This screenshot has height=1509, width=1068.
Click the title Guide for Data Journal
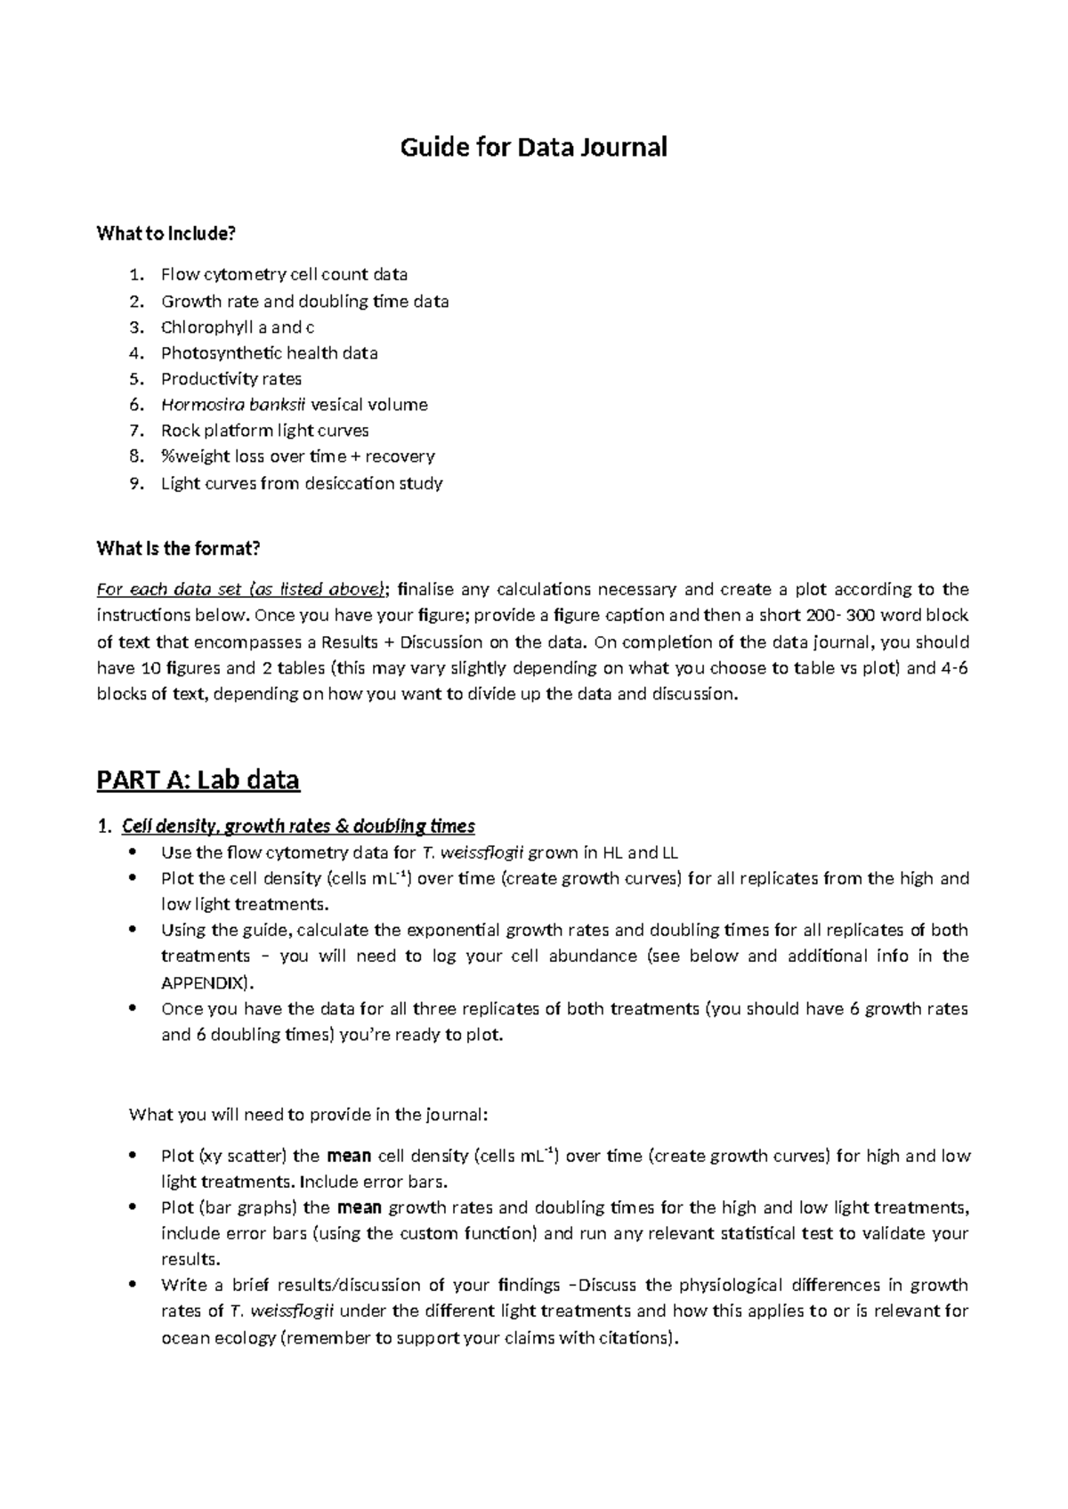point(533,147)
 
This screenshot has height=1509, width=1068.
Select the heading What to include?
point(166,234)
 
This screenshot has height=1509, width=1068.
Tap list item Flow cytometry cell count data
point(284,275)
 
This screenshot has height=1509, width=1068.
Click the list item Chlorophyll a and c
point(237,327)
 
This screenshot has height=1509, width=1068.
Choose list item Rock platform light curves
point(264,431)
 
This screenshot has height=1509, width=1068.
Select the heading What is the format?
point(178,548)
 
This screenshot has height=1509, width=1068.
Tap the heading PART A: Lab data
point(198,780)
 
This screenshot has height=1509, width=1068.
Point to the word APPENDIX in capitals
point(206,983)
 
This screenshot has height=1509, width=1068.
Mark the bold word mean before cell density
point(349,1157)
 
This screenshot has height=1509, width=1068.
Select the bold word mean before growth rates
point(360,1208)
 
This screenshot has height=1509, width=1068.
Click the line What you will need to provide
point(309,1115)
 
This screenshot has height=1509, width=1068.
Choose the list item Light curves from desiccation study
point(301,484)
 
